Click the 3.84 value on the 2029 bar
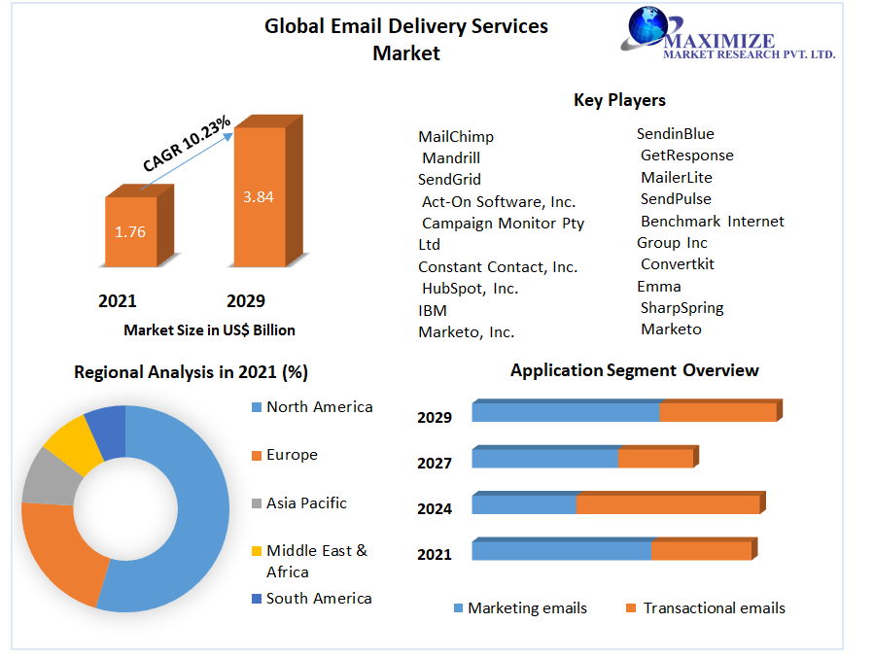(258, 196)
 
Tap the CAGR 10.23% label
(187, 144)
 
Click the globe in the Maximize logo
(643, 28)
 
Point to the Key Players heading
(619, 100)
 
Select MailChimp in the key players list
(456, 137)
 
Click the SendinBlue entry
(675, 134)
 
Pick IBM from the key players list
(433, 310)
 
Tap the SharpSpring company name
(682, 308)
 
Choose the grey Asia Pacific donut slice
(47, 476)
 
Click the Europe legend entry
(292, 455)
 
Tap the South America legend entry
(319, 599)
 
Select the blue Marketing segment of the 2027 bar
(544, 458)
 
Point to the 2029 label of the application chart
(435, 418)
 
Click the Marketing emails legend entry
(527, 608)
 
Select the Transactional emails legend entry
(714, 608)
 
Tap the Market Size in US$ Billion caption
(209, 330)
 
